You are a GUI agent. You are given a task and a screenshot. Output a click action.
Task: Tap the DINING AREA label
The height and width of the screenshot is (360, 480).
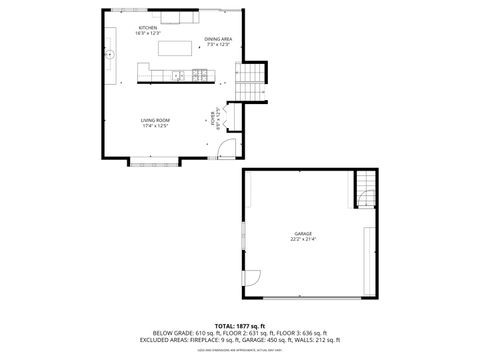(218, 39)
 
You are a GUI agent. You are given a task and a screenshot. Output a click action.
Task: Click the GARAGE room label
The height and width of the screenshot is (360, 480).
(303, 233)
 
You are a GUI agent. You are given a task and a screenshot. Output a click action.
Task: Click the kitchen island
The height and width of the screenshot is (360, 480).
(176, 47)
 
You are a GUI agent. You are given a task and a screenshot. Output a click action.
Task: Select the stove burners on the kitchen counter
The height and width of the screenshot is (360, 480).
(201, 75)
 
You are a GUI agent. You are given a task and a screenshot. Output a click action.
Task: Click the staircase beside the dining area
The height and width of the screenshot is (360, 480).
(249, 76)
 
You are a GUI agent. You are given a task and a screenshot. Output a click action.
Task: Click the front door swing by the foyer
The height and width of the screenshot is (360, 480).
(228, 150)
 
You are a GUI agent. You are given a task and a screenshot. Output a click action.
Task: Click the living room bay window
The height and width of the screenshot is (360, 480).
(152, 161)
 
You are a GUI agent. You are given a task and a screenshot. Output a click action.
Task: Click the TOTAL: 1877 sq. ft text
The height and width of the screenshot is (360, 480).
(239, 325)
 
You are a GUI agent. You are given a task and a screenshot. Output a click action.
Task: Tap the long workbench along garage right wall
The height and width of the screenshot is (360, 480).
(370, 260)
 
